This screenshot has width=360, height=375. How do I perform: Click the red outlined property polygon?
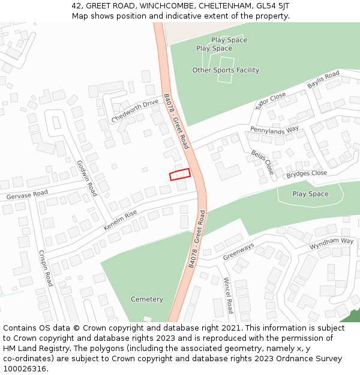(x=179, y=174)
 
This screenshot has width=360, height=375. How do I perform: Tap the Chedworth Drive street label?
(x=135, y=110)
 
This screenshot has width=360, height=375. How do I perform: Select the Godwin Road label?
(x=87, y=178)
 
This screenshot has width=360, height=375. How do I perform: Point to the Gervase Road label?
(x=27, y=195)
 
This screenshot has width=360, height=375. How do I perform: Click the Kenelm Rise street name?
(x=120, y=220)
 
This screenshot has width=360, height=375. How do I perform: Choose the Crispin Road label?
(x=46, y=268)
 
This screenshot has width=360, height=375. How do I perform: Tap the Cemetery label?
(x=147, y=299)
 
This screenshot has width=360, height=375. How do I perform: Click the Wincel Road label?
(x=228, y=295)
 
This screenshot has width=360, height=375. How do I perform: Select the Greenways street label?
(x=239, y=251)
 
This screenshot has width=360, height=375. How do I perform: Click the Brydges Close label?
(x=307, y=173)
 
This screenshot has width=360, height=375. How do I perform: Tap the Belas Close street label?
(x=262, y=162)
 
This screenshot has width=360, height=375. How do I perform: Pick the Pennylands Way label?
(x=274, y=130)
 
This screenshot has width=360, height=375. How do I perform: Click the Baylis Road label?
(x=323, y=80)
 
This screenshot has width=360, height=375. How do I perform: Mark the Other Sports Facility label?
(x=226, y=70)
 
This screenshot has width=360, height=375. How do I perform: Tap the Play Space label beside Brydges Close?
(x=310, y=194)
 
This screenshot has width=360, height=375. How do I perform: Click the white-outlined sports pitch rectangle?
(x=226, y=69)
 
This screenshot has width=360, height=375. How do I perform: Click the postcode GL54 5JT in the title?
(x=271, y=6)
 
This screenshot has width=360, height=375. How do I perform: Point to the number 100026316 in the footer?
(x=25, y=368)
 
